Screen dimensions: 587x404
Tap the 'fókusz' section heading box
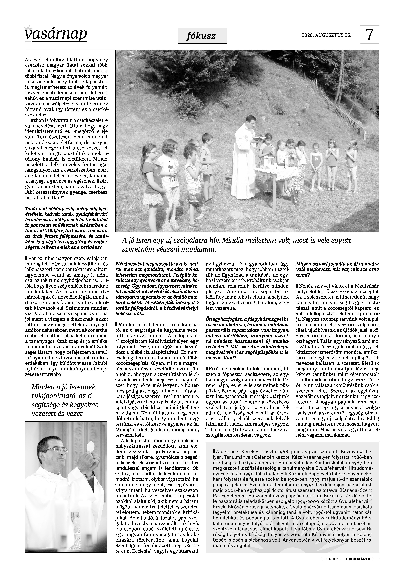[x=202, y=36]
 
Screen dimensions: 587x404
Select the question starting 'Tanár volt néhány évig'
[x=66, y=228]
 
